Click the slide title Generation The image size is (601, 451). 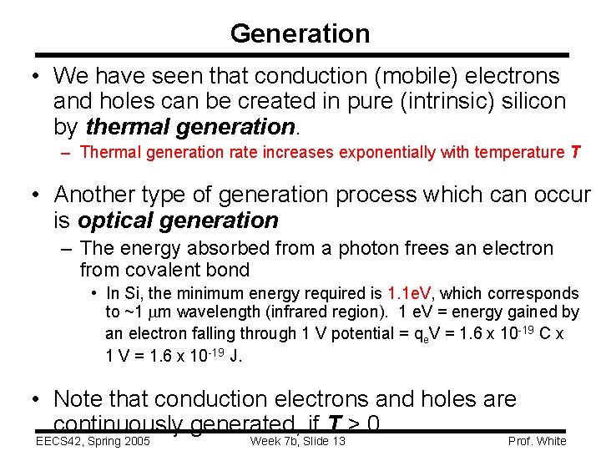pyautogui.click(x=300, y=33)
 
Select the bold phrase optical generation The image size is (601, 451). pyautogui.click(x=178, y=220)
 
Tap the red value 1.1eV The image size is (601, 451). pyautogui.click(x=410, y=293)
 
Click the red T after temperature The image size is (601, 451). pyautogui.click(x=575, y=152)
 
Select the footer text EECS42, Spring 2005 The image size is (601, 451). pyautogui.click(x=93, y=441)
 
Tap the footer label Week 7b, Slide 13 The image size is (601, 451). pyautogui.click(x=297, y=441)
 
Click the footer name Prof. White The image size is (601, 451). pyautogui.click(x=537, y=441)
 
